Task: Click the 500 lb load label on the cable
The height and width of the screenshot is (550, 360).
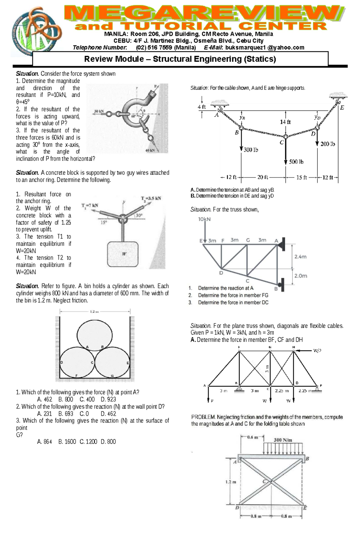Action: click(296, 162)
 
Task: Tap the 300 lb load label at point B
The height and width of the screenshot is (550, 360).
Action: click(250, 150)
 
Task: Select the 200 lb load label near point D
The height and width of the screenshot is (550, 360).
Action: click(328, 144)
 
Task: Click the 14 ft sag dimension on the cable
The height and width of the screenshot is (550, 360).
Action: click(285, 122)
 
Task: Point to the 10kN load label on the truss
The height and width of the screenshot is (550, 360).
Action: click(204, 219)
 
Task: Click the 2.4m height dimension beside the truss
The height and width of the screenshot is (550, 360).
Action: click(300, 257)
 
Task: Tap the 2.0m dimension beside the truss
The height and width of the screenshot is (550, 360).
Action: click(301, 276)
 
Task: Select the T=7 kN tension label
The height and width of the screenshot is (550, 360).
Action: click(90, 205)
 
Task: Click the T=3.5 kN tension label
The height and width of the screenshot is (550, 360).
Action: click(151, 198)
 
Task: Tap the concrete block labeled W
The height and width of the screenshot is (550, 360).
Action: click(123, 254)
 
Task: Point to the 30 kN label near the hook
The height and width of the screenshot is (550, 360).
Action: click(99, 111)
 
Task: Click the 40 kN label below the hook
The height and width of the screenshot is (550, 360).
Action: click(150, 150)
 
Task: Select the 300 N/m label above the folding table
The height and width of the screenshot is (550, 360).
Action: click(283, 440)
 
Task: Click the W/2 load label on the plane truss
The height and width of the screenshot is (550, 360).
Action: click(317, 350)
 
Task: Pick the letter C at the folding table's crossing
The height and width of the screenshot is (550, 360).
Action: click(264, 481)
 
